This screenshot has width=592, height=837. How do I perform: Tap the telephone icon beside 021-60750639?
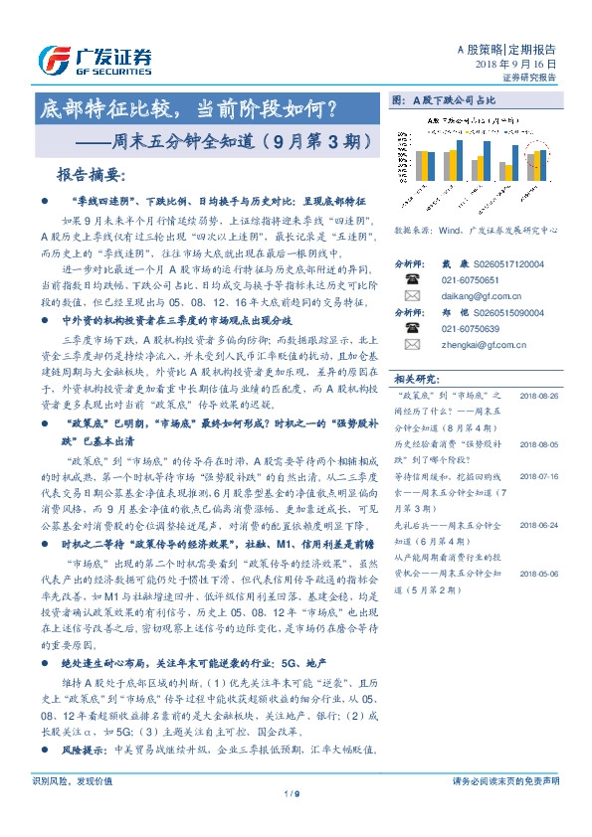[x=410, y=329]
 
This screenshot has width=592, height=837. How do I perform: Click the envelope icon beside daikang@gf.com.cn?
[x=410, y=296]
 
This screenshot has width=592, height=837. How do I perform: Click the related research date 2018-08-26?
[x=537, y=395]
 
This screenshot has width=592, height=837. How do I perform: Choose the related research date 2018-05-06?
[x=537, y=574]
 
